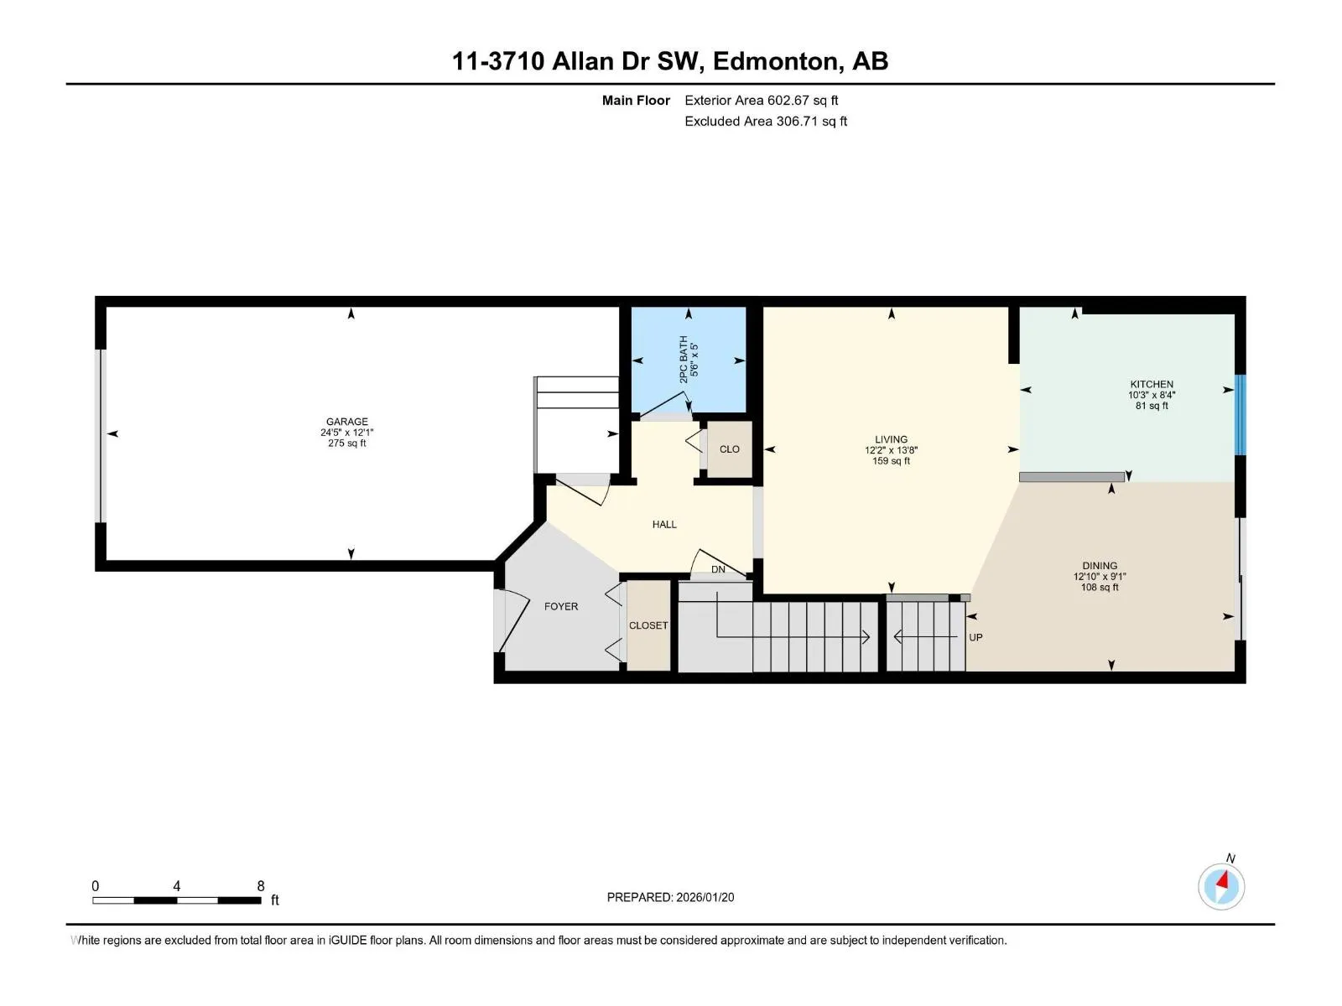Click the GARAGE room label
click(346, 422)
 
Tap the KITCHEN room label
click(1152, 384)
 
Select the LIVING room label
click(891, 439)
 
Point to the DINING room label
click(1100, 566)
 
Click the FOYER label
click(560, 606)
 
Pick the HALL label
click(664, 524)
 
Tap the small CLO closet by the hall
click(730, 449)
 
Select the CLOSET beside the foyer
click(648, 625)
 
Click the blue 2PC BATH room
click(689, 360)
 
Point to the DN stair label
click(718, 569)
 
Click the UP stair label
click(975, 637)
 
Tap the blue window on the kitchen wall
click(1240, 415)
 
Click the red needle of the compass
click(1223, 880)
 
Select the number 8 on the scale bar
click(261, 885)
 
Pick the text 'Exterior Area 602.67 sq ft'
click(762, 100)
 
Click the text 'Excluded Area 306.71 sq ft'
click(766, 121)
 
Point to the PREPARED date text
click(670, 897)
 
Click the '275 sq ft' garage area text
click(346, 443)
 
